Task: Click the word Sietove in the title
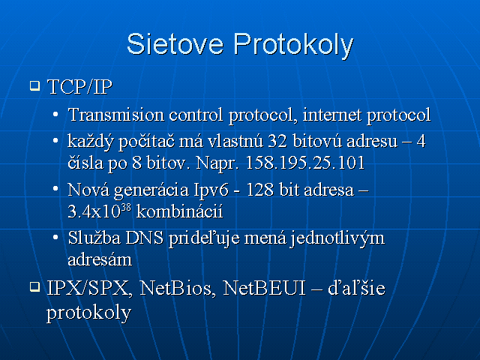pos(175,44)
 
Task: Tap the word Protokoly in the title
pos(293,46)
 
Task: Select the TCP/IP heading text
pos(80,87)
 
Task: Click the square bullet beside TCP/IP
pos(35,85)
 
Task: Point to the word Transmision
pos(116,115)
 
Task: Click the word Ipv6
pos(211,190)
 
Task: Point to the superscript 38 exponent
pos(126,208)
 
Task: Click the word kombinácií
pos(180,211)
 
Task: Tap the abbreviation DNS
pos(145,238)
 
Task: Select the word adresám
pos(100,259)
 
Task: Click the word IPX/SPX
pos(90,288)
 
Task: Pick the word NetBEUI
pos(265,288)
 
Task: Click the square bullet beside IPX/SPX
pos(35,286)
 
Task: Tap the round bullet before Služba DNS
pos(55,237)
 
